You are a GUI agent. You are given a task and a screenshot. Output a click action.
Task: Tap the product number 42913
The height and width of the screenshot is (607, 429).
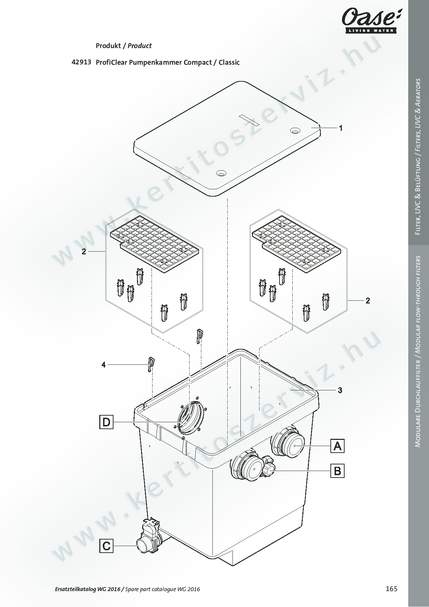pyautogui.click(x=81, y=62)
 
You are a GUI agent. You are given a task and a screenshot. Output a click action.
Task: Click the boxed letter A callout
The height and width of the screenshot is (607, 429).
pyautogui.click(x=338, y=446)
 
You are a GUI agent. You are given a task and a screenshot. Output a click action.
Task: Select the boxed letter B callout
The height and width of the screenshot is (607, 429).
pyautogui.click(x=338, y=471)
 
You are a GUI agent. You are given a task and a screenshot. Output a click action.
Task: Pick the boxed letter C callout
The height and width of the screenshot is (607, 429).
pyautogui.click(x=106, y=546)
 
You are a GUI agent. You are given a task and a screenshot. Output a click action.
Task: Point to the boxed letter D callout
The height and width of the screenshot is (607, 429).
pyautogui.click(x=106, y=422)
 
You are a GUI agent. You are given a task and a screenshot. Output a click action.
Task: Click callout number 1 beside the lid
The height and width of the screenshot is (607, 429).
pyautogui.click(x=341, y=128)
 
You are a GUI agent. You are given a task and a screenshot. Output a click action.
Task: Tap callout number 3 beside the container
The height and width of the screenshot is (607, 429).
pyautogui.click(x=340, y=390)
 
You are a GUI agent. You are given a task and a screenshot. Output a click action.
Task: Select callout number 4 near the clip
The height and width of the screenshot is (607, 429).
pyautogui.click(x=103, y=364)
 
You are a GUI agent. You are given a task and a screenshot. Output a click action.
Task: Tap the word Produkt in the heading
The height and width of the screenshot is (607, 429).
pyautogui.click(x=108, y=46)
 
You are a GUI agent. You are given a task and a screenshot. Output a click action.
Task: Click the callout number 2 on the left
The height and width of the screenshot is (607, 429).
pyautogui.click(x=84, y=252)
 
